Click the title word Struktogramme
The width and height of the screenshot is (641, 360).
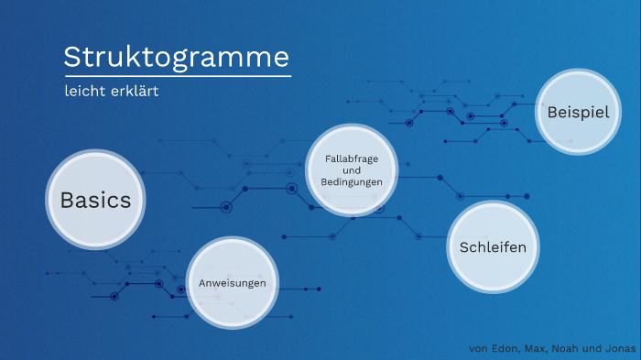[x=176, y=57]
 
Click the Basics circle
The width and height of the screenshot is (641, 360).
[x=96, y=200]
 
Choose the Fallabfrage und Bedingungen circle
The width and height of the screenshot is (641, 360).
[x=352, y=170]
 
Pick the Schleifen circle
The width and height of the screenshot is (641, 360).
[x=493, y=247]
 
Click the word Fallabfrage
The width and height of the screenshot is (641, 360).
[x=352, y=158]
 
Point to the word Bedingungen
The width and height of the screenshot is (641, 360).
[x=352, y=182]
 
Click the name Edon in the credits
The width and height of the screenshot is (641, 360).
[x=505, y=349]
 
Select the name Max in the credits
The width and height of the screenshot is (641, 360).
[x=537, y=349]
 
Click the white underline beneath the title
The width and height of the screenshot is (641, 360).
[x=177, y=76]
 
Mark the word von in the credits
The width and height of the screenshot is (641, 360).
[x=478, y=349]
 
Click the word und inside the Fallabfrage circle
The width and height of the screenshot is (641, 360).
[x=352, y=170]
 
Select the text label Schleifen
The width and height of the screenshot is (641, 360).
[x=493, y=247]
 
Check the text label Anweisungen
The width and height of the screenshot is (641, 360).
[x=233, y=284]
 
